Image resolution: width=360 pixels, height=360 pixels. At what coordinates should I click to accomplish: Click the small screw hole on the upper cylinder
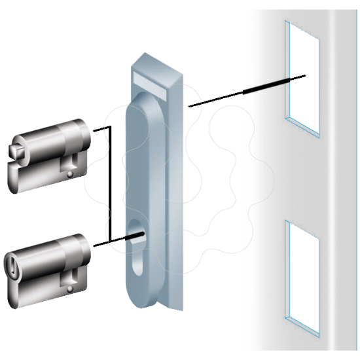tap(69, 174)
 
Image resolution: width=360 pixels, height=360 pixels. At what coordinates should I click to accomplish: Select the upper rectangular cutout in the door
tap(302, 79)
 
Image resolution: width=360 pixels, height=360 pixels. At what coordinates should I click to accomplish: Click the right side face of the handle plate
tap(177, 196)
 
